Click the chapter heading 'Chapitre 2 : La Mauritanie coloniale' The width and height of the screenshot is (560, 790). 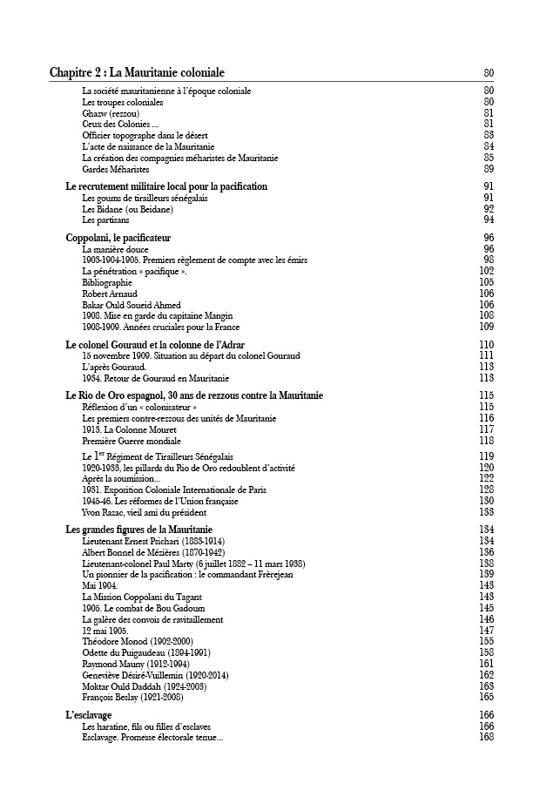point(137,72)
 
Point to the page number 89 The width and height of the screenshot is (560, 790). point(488,169)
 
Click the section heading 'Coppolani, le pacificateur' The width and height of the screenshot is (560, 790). point(118,238)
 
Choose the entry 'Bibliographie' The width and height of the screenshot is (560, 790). point(107,282)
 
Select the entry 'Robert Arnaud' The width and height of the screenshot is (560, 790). point(110,294)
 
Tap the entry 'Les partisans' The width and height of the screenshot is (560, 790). point(105,220)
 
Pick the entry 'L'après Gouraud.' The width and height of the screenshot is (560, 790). point(114,367)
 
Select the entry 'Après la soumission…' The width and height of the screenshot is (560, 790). point(121,478)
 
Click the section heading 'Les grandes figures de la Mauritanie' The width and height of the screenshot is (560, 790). point(139,530)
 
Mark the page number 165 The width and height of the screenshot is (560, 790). point(486,697)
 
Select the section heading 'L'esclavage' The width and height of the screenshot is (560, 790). point(89,715)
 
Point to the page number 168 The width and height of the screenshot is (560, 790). point(486,737)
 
